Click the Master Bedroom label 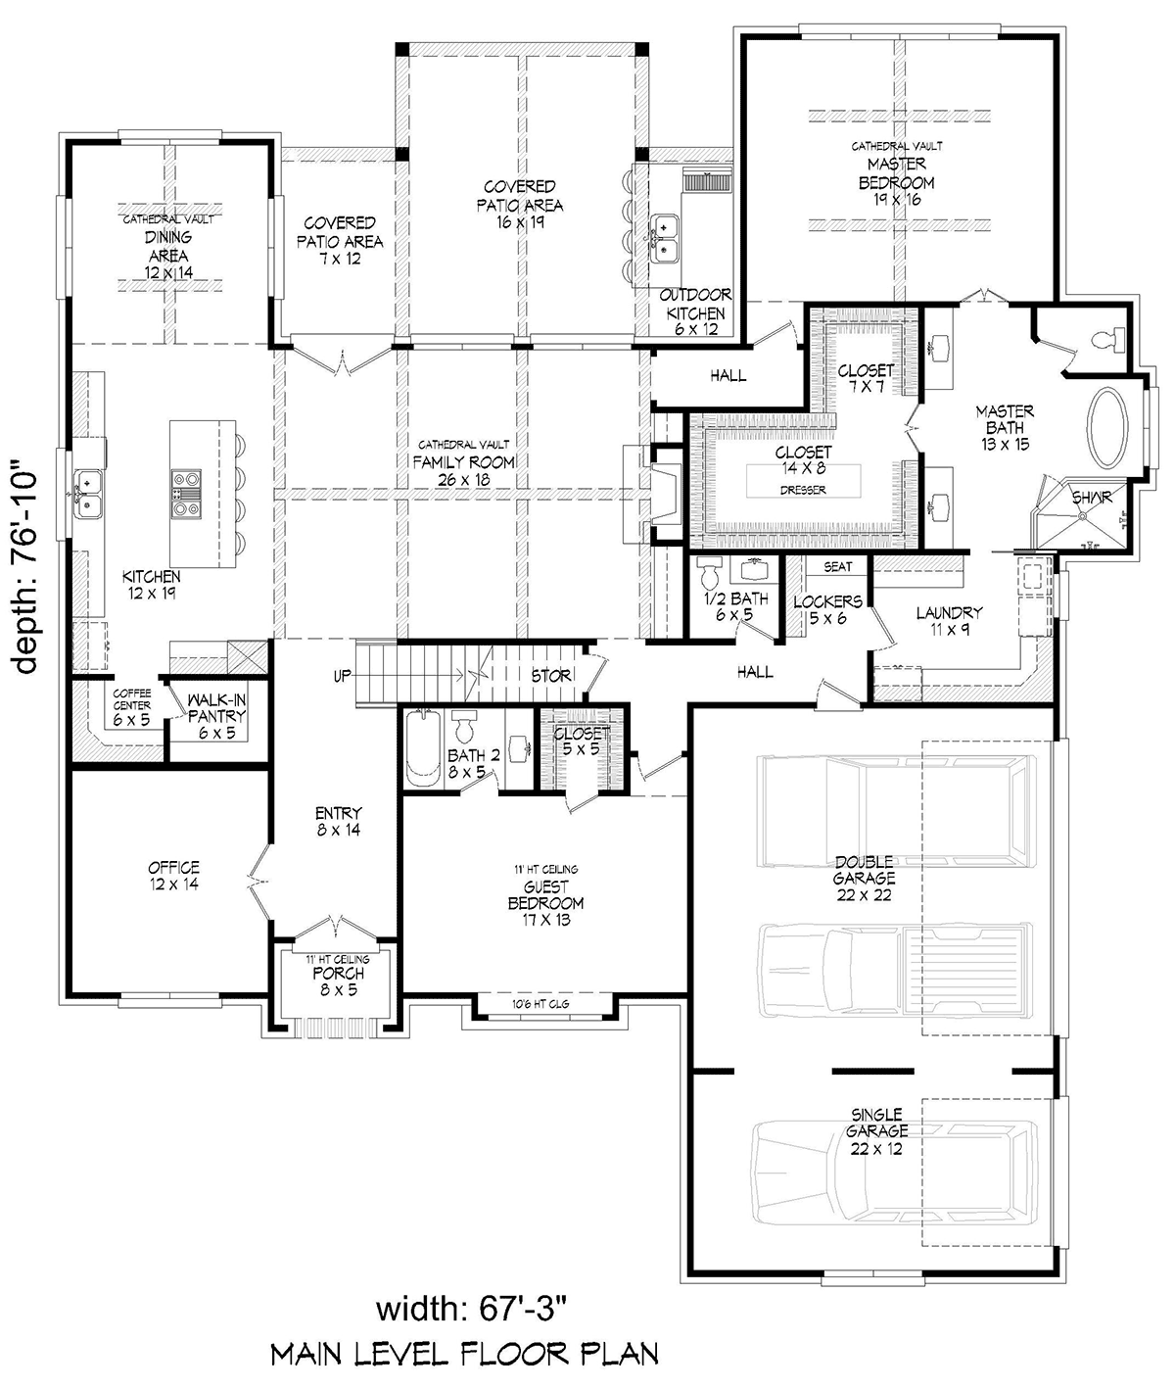click(896, 172)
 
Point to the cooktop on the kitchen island click(186, 493)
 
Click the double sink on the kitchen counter click(88, 495)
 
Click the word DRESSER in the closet click(803, 490)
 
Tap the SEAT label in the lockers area click(838, 567)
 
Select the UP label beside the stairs click(343, 676)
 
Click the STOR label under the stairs click(550, 676)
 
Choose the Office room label click(174, 876)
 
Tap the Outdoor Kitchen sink click(664, 239)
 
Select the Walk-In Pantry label click(216, 716)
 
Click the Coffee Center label click(131, 707)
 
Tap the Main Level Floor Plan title click(465, 1355)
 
